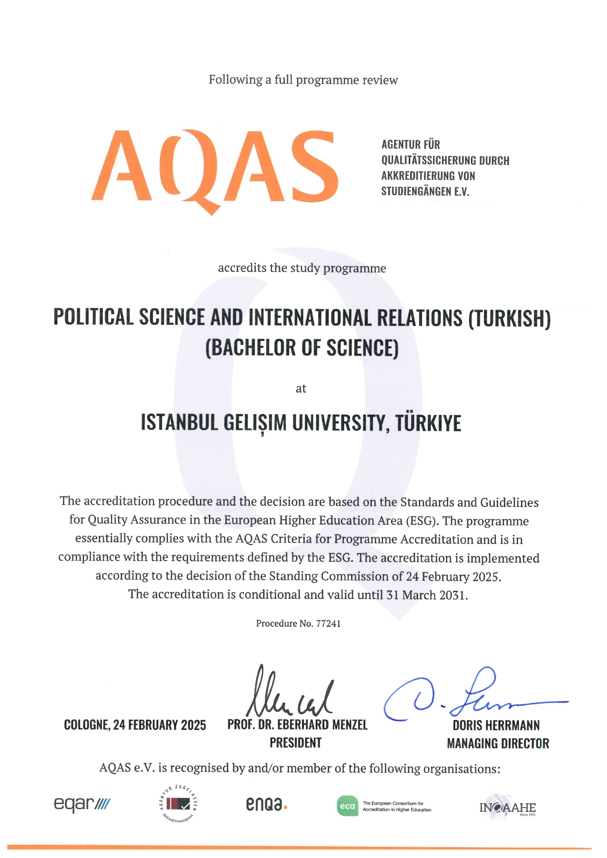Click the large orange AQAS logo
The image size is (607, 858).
214,169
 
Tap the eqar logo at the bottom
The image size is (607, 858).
82,804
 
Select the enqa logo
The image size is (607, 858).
266,804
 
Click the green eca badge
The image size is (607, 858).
347,806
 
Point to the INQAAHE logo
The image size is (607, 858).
507,808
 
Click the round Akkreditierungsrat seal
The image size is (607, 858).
178,803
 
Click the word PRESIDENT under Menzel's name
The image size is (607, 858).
296,743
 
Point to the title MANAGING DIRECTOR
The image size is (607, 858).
498,744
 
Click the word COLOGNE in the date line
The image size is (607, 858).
87,725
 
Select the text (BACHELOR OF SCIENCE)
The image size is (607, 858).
302,348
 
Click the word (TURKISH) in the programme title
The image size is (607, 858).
509,319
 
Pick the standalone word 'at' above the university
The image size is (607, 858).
301,389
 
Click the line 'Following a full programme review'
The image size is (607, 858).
303,80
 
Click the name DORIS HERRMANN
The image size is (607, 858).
496,725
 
